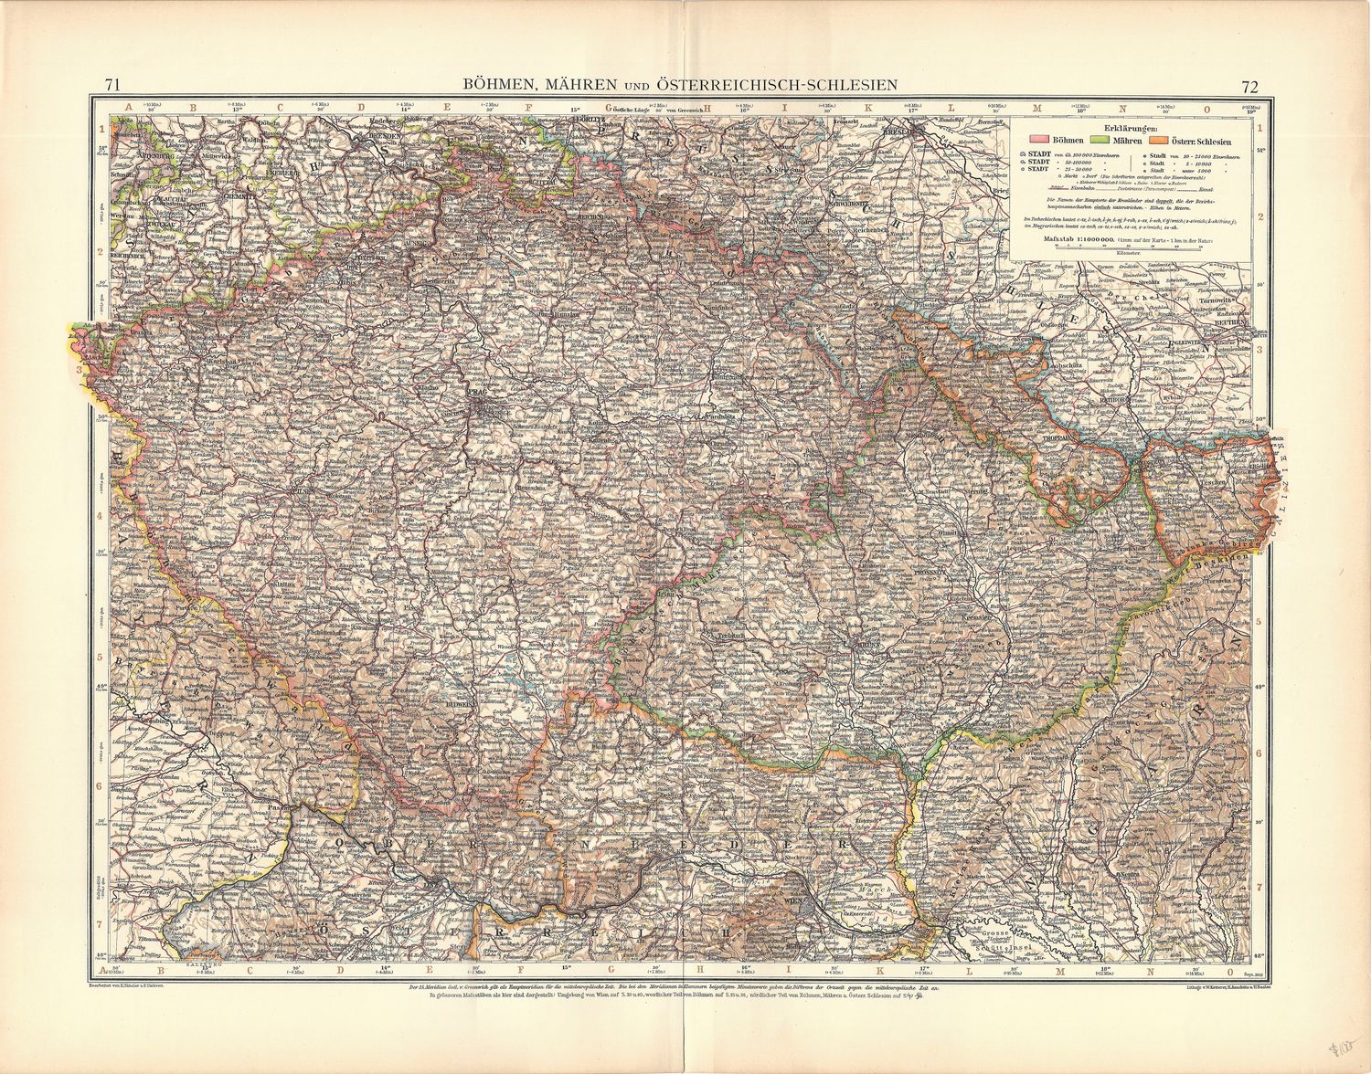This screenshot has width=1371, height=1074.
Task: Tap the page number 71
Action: click(x=113, y=87)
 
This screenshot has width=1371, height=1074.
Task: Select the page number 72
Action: click(x=1249, y=88)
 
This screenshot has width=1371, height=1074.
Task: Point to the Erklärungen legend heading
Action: click(x=1130, y=129)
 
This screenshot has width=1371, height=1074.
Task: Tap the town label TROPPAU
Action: click(x=1059, y=439)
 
